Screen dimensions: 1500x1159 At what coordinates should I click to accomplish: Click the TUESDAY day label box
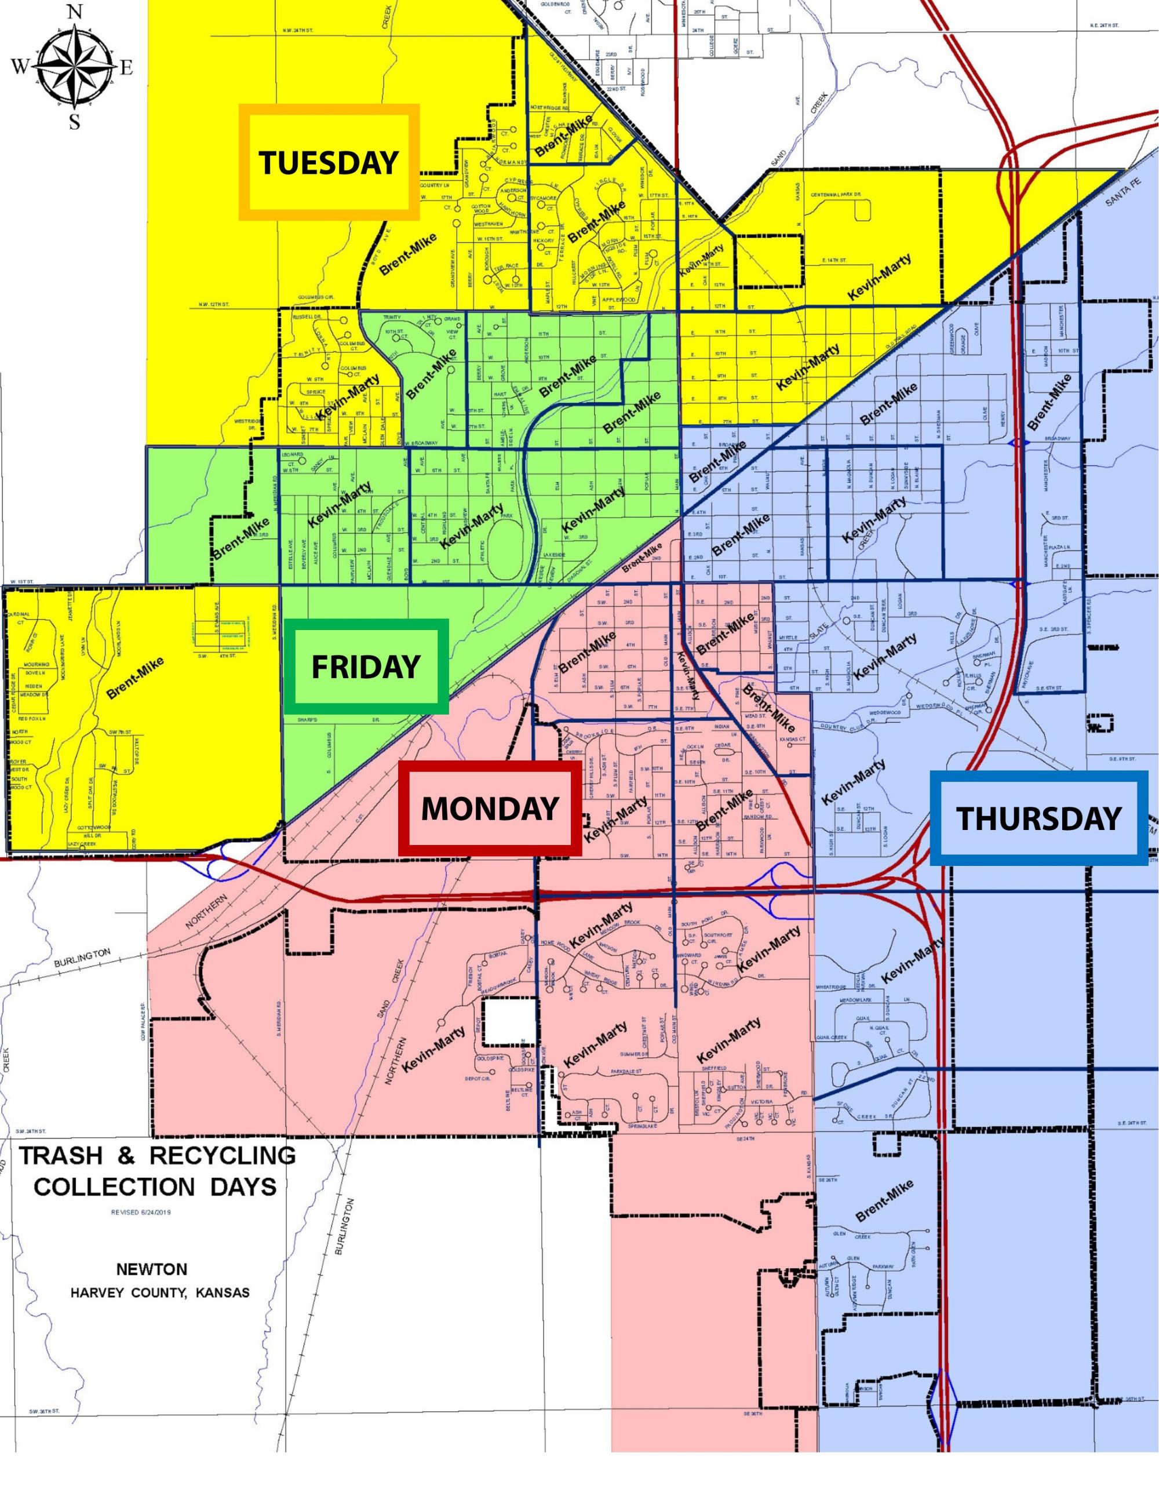click(x=329, y=162)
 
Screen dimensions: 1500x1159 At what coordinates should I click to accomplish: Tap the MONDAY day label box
click(x=489, y=809)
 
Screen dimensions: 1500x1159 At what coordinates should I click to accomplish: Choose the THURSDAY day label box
click(x=1038, y=818)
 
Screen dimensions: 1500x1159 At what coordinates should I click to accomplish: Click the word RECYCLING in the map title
click(x=223, y=1155)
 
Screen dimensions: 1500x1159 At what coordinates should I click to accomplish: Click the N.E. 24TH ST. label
click(x=1104, y=26)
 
